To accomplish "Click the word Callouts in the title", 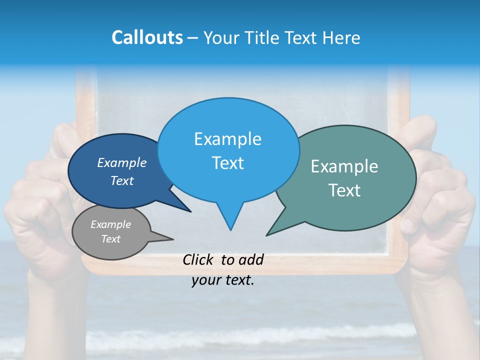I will pos(147,37).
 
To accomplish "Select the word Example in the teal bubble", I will pos(344,166).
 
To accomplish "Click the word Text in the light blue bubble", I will pos(228,163).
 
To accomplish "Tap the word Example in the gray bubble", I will pos(110,224).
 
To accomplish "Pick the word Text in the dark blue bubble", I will pos(122,180).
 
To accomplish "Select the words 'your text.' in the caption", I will pos(223,280).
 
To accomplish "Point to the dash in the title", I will pos(193,37).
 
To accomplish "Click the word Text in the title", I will pos(301,37).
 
